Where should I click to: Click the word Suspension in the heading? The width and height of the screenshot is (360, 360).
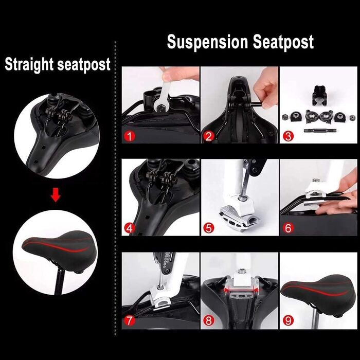click(207, 43)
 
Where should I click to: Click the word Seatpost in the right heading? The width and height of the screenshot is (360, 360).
click(283, 42)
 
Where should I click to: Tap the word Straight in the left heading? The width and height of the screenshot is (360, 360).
click(29, 64)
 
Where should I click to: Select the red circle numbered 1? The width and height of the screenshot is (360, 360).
click(130, 136)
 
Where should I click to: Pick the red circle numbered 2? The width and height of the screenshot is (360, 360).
click(209, 136)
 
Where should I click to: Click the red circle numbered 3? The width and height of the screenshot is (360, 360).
click(288, 136)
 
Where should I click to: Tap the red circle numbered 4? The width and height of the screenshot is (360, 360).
click(130, 228)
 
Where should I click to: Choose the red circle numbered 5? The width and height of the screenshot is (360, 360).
click(209, 228)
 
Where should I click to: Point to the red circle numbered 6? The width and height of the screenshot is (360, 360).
click(288, 228)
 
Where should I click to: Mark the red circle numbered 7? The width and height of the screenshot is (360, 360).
click(130, 320)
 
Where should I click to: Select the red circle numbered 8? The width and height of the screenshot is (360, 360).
click(209, 320)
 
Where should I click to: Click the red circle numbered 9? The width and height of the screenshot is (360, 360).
click(288, 320)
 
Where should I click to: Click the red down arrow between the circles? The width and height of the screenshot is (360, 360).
click(56, 195)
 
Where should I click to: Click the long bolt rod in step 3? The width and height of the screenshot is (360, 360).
click(320, 131)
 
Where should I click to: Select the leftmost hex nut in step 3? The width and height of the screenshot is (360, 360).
click(285, 117)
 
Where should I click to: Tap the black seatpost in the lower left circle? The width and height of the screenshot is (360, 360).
click(59, 281)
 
